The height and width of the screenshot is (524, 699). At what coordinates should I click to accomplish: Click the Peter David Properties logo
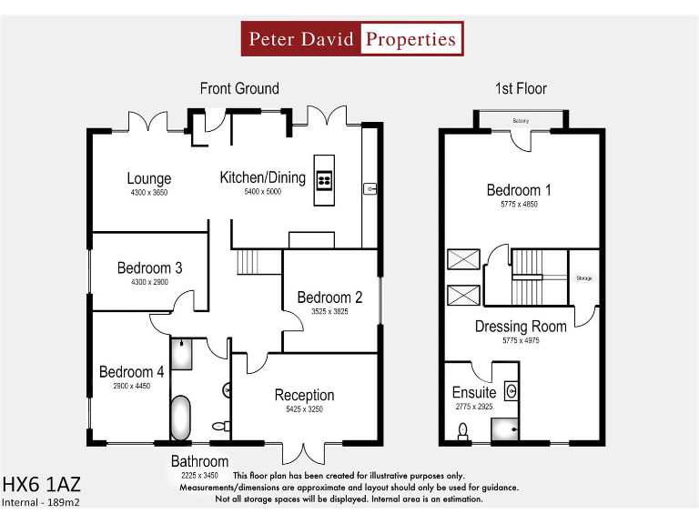point(352,39)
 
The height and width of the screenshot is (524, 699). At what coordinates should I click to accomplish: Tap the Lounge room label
point(149,179)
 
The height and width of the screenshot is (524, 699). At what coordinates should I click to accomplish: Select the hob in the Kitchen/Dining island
point(324,179)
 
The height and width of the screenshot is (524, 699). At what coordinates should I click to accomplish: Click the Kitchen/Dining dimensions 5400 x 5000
point(262,192)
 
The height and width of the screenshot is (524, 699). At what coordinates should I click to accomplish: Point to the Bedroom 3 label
point(149,267)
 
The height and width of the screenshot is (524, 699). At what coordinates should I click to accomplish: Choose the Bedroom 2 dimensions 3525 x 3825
point(329,311)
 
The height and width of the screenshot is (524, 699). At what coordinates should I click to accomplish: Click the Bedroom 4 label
point(132,371)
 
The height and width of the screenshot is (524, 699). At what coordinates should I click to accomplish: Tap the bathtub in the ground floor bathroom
point(181,417)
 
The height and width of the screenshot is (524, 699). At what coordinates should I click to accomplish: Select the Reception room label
point(304,395)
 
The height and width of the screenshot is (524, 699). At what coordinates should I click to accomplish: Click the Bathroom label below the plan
point(199,461)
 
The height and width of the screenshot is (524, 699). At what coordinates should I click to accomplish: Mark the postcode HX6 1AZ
point(47,483)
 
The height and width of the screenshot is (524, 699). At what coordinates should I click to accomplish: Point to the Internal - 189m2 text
point(42,501)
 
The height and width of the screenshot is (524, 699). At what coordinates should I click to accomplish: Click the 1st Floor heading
point(521,88)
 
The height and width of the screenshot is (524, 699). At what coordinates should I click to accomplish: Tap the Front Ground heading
point(239,88)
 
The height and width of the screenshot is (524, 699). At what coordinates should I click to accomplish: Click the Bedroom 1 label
point(519,190)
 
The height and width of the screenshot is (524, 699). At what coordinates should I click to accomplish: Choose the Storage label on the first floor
point(584,277)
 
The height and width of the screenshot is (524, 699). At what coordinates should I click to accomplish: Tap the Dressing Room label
point(521,326)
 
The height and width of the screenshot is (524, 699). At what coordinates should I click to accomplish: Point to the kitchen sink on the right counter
point(370,189)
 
